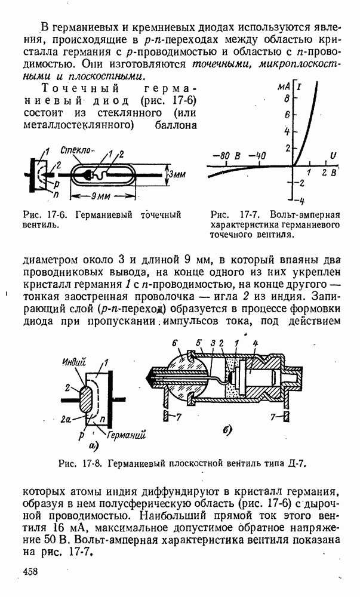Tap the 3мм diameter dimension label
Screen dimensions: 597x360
click(176, 175)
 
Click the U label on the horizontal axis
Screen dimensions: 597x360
click(333, 156)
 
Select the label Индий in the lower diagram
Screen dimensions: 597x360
click(73, 362)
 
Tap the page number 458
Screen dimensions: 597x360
click(30, 571)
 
